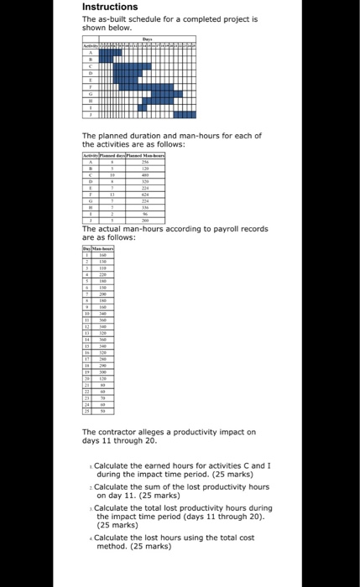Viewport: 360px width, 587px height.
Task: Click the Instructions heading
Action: click(110, 7)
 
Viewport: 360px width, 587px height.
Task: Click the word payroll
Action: click(230, 228)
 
